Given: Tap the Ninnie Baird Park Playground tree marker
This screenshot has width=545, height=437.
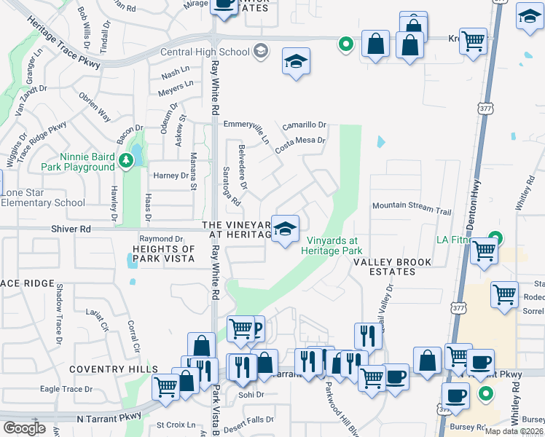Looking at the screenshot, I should (129, 160).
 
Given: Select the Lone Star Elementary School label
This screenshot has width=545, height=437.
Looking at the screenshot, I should (44, 197).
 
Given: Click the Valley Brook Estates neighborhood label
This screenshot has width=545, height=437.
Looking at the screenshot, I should (393, 267).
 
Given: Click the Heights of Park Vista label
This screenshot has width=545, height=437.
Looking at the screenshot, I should (162, 253).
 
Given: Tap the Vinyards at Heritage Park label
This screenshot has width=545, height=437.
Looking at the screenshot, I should (332, 245).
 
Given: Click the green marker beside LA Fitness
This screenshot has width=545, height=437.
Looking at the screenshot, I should (495, 237).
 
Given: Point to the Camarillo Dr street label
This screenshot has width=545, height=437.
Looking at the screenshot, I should (305, 125).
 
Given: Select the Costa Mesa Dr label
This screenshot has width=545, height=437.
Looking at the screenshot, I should (299, 144).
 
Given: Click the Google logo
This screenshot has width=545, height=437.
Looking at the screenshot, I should (23, 428).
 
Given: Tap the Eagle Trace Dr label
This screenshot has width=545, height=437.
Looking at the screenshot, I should (72, 389).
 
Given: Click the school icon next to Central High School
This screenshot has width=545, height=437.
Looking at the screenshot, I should (261, 52).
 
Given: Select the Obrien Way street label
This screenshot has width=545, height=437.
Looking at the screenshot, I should (95, 109).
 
